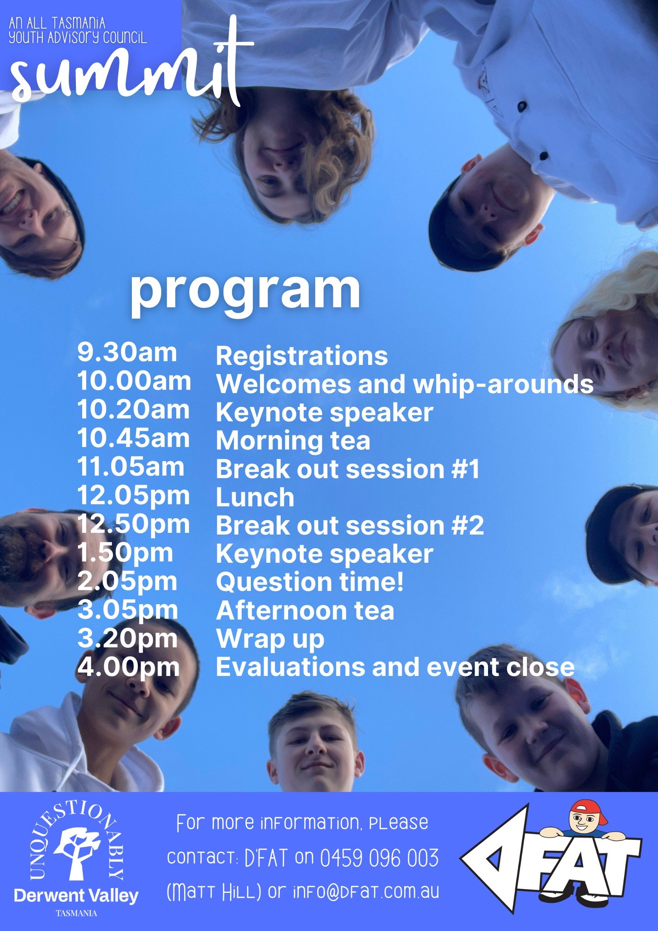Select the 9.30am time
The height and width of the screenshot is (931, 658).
(x=127, y=352)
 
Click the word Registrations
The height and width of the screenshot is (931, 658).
(x=302, y=355)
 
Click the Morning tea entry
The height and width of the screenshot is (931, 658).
(x=293, y=441)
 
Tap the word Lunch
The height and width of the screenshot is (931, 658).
(x=255, y=497)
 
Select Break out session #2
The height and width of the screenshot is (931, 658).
(x=350, y=526)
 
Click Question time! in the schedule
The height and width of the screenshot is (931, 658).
(x=310, y=582)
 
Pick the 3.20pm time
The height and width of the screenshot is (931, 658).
(x=128, y=638)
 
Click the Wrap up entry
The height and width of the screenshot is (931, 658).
(x=270, y=640)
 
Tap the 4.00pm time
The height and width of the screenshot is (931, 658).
(x=129, y=667)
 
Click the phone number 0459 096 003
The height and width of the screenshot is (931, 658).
(x=379, y=858)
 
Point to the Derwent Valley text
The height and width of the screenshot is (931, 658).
(x=76, y=896)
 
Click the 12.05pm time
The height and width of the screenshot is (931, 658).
(x=134, y=495)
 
